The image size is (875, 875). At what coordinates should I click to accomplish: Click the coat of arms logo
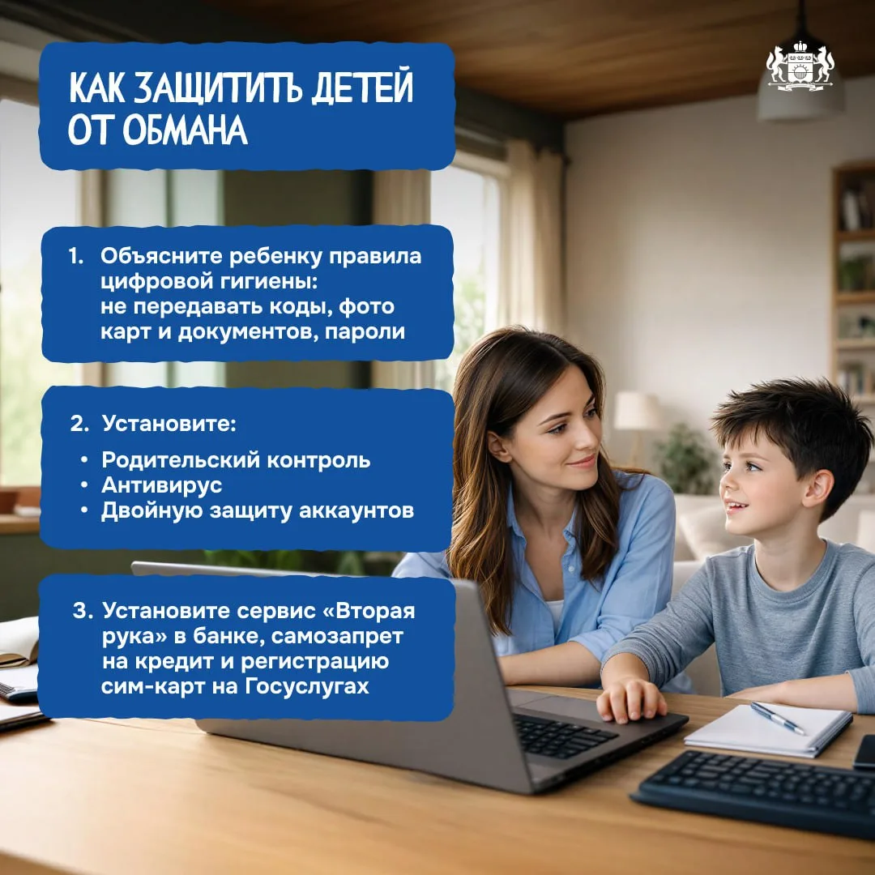coord(800,66)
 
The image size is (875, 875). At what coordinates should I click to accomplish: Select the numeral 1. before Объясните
coord(76,256)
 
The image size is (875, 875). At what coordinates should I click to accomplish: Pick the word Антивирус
coord(162,485)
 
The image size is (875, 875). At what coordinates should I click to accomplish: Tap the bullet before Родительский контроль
coord(84,460)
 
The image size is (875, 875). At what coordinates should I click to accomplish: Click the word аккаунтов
coord(356,510)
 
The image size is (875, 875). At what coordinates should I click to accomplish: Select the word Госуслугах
coord(307,686)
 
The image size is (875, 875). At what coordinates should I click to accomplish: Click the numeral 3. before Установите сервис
coord(83,611)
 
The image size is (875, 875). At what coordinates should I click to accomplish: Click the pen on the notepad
coord(777,718)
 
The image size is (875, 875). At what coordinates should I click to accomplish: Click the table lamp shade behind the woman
coord(637,411)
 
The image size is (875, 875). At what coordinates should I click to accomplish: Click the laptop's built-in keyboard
coord(564,736)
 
